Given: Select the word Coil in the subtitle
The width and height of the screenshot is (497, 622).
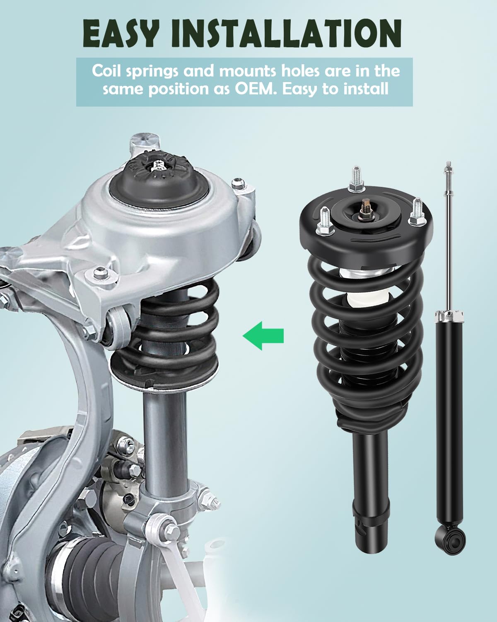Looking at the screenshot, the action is tap(106, 71).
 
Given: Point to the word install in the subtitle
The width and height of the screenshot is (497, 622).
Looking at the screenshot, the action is tap(366, 90).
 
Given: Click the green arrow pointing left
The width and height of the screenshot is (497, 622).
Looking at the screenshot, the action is tap(263, 336).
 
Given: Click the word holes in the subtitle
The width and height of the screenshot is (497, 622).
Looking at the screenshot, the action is tap(300, 71).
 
